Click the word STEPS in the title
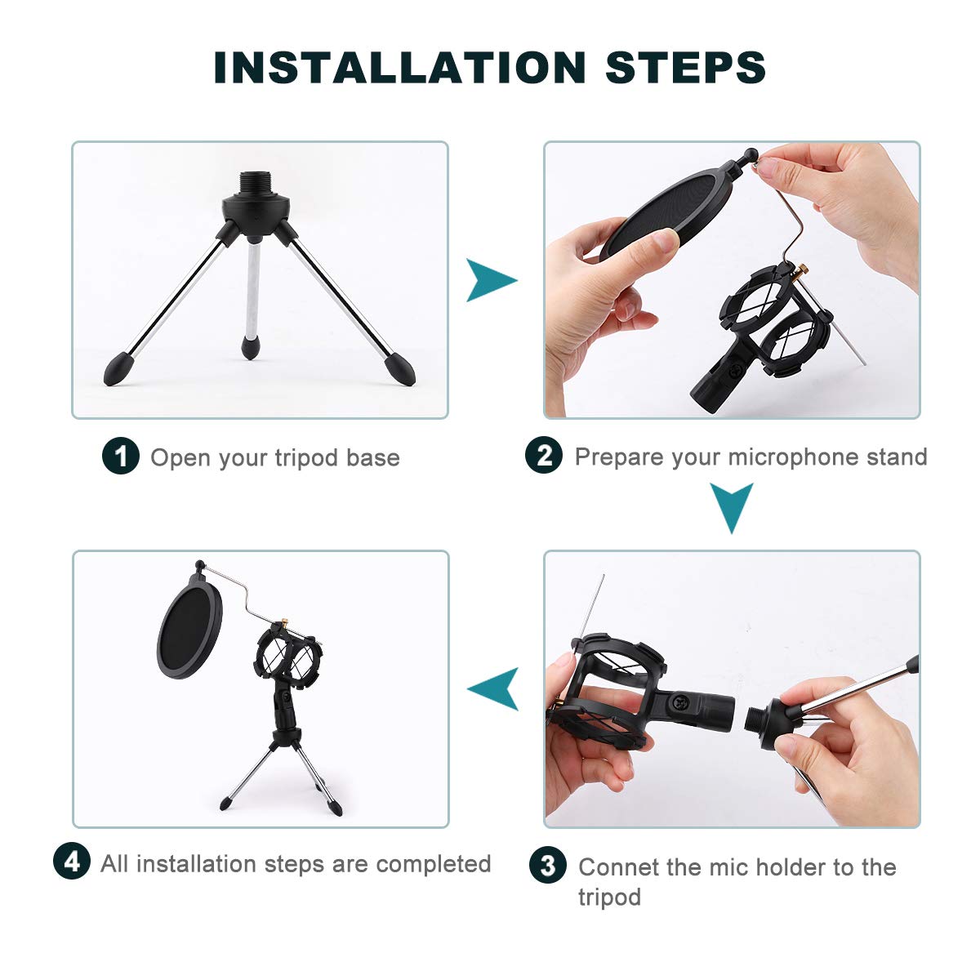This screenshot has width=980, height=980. [x=685, y=67]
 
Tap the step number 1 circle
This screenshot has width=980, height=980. [x=121, y=456]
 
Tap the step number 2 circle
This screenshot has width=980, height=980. [x=545, y=455]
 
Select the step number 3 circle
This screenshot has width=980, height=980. [x=548, y=866]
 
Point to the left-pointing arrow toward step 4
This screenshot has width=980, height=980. [x=494, y=688]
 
